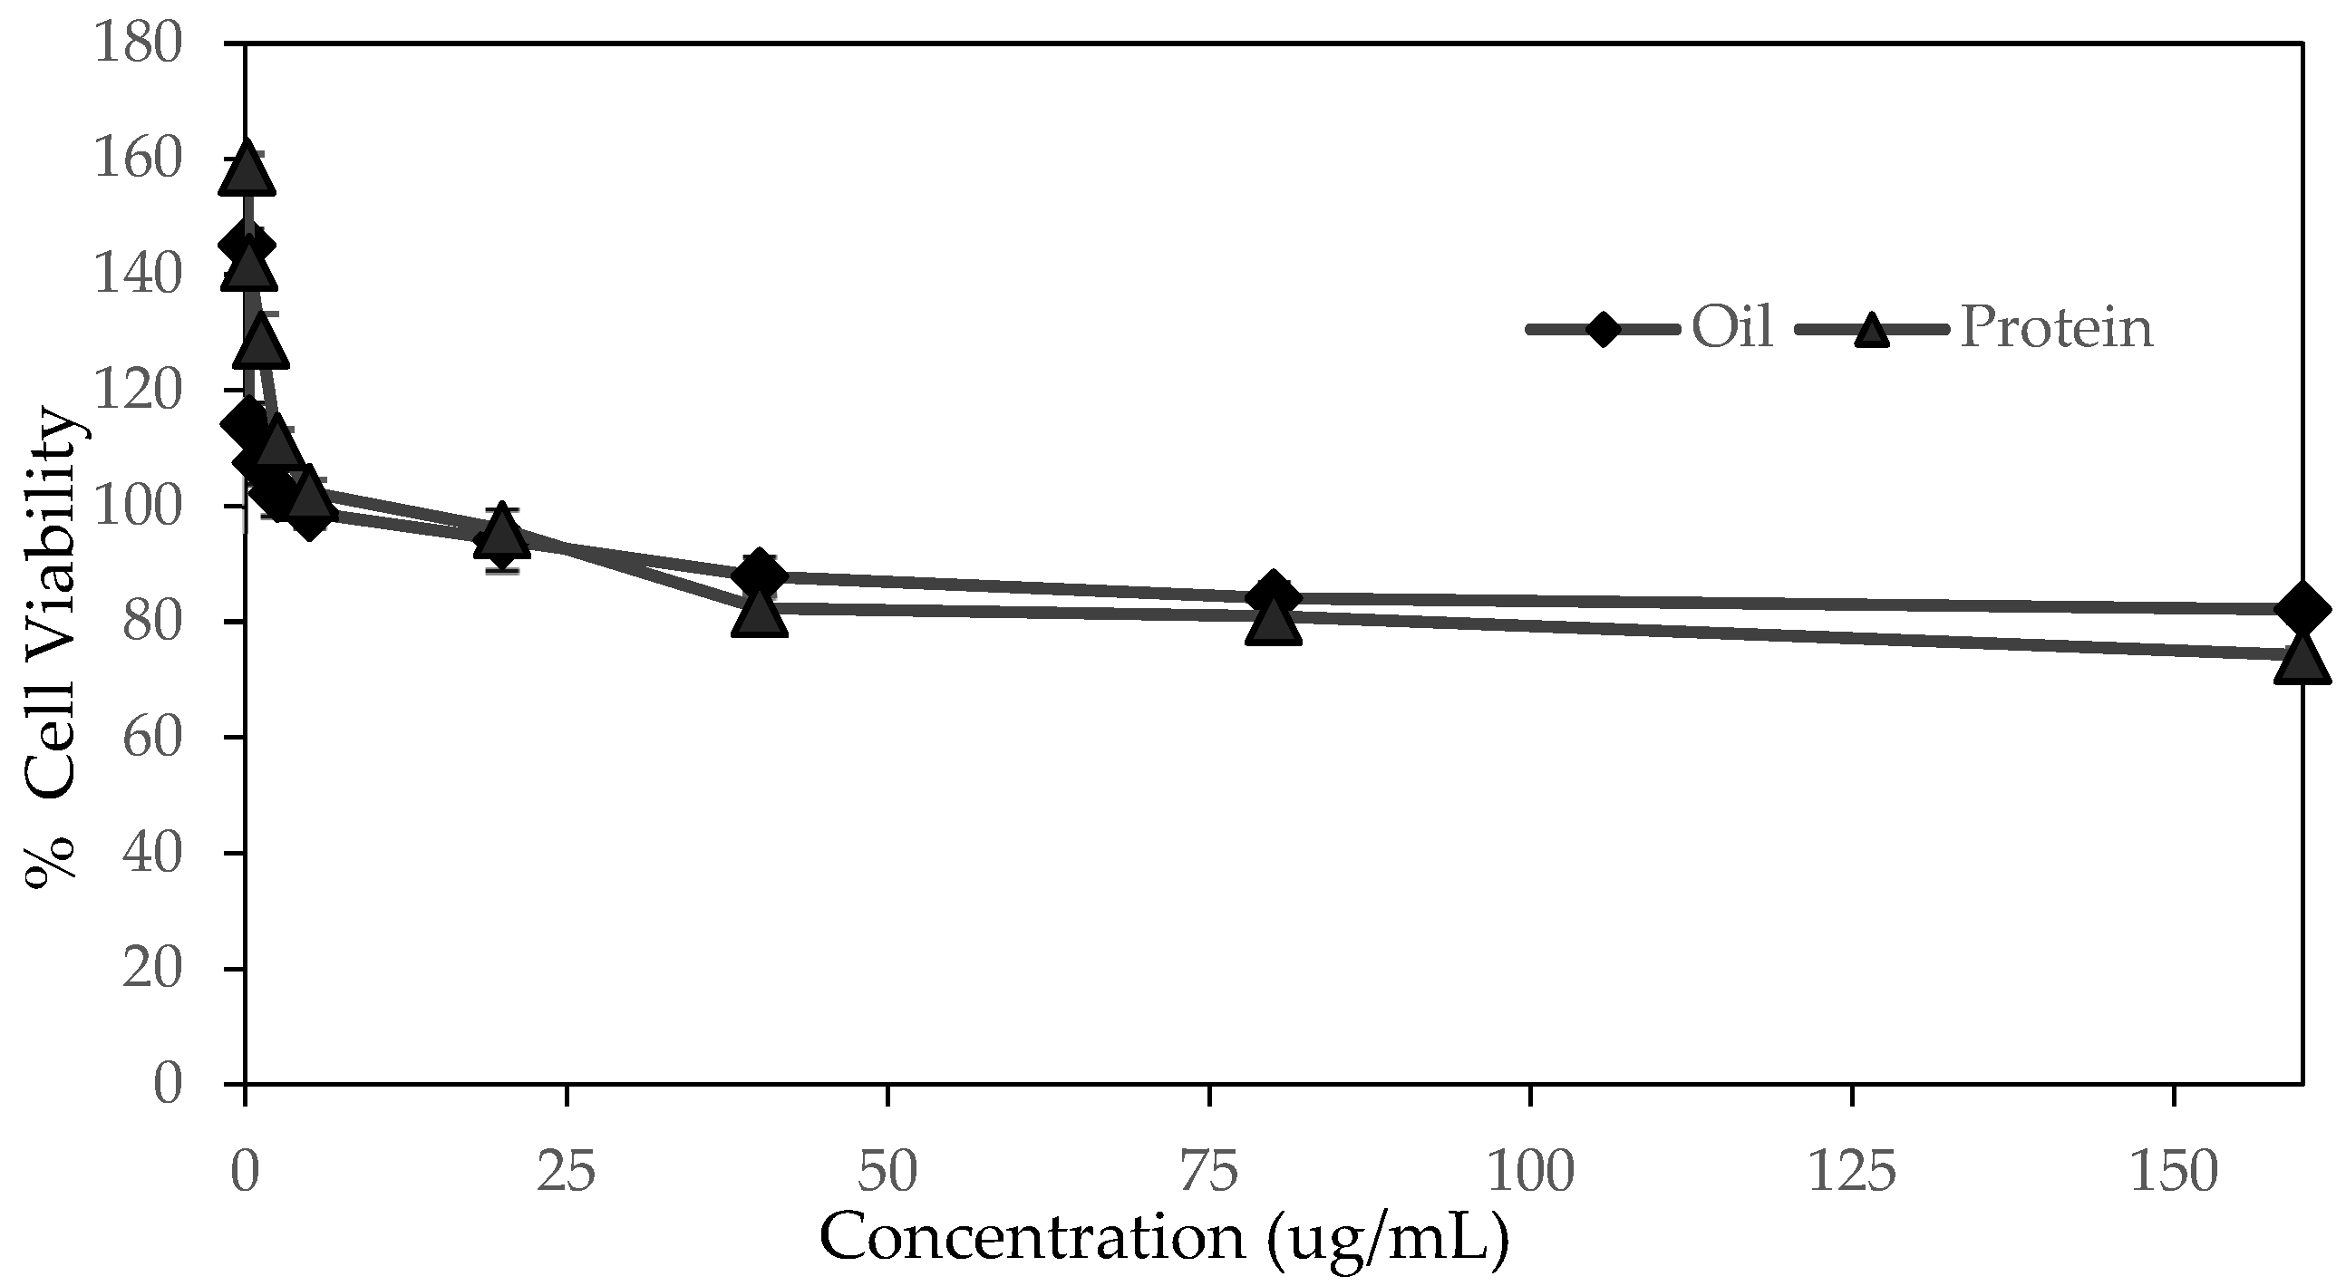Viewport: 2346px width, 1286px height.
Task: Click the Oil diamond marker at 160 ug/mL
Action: click(2302, 609)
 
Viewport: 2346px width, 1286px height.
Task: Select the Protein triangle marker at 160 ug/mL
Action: click(2302, 660)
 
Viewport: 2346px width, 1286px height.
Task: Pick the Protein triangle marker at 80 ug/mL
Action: click(1274, 622)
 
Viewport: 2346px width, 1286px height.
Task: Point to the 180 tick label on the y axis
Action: click(140, 44)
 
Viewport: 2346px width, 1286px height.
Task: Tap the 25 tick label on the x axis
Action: click(567, 1173)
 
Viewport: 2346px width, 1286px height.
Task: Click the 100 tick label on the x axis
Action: click(1530, 1173)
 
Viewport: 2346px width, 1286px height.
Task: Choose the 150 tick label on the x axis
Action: click(2173, 1173)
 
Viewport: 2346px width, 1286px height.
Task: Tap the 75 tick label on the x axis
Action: click(1209, 1173)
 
